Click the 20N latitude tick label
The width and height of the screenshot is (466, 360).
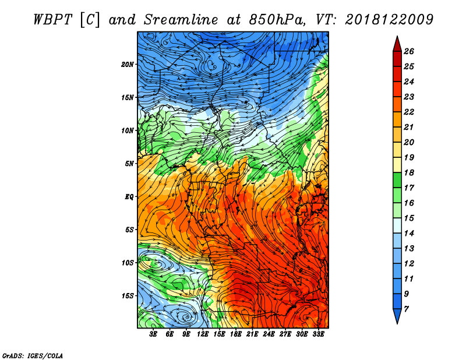point(127,65)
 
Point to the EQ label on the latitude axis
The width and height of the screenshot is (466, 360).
point(129,197)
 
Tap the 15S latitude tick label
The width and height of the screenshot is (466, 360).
point(128,296)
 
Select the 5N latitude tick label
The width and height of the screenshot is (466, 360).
point(129,164)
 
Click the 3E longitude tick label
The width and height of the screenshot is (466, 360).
point(153,334)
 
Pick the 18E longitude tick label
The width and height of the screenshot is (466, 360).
point(236,334)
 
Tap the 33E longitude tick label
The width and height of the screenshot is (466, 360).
point(318,334)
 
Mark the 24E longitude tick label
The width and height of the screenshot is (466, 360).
point(269,334)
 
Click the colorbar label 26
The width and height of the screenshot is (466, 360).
point(409,51)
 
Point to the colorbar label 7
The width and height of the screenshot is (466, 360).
point(406,309)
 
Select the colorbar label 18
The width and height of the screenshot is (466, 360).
point(409,172)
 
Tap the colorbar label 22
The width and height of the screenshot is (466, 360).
point(409,112)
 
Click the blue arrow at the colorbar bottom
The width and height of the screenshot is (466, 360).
point(397,315)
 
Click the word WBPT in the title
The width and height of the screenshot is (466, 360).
point(52,20)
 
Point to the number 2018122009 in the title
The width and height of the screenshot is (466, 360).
point(389,20)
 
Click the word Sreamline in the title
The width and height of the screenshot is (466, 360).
point(181,20)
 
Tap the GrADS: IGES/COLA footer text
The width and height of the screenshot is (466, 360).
point(33,356)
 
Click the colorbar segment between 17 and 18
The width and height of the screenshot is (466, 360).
point(397,180)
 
